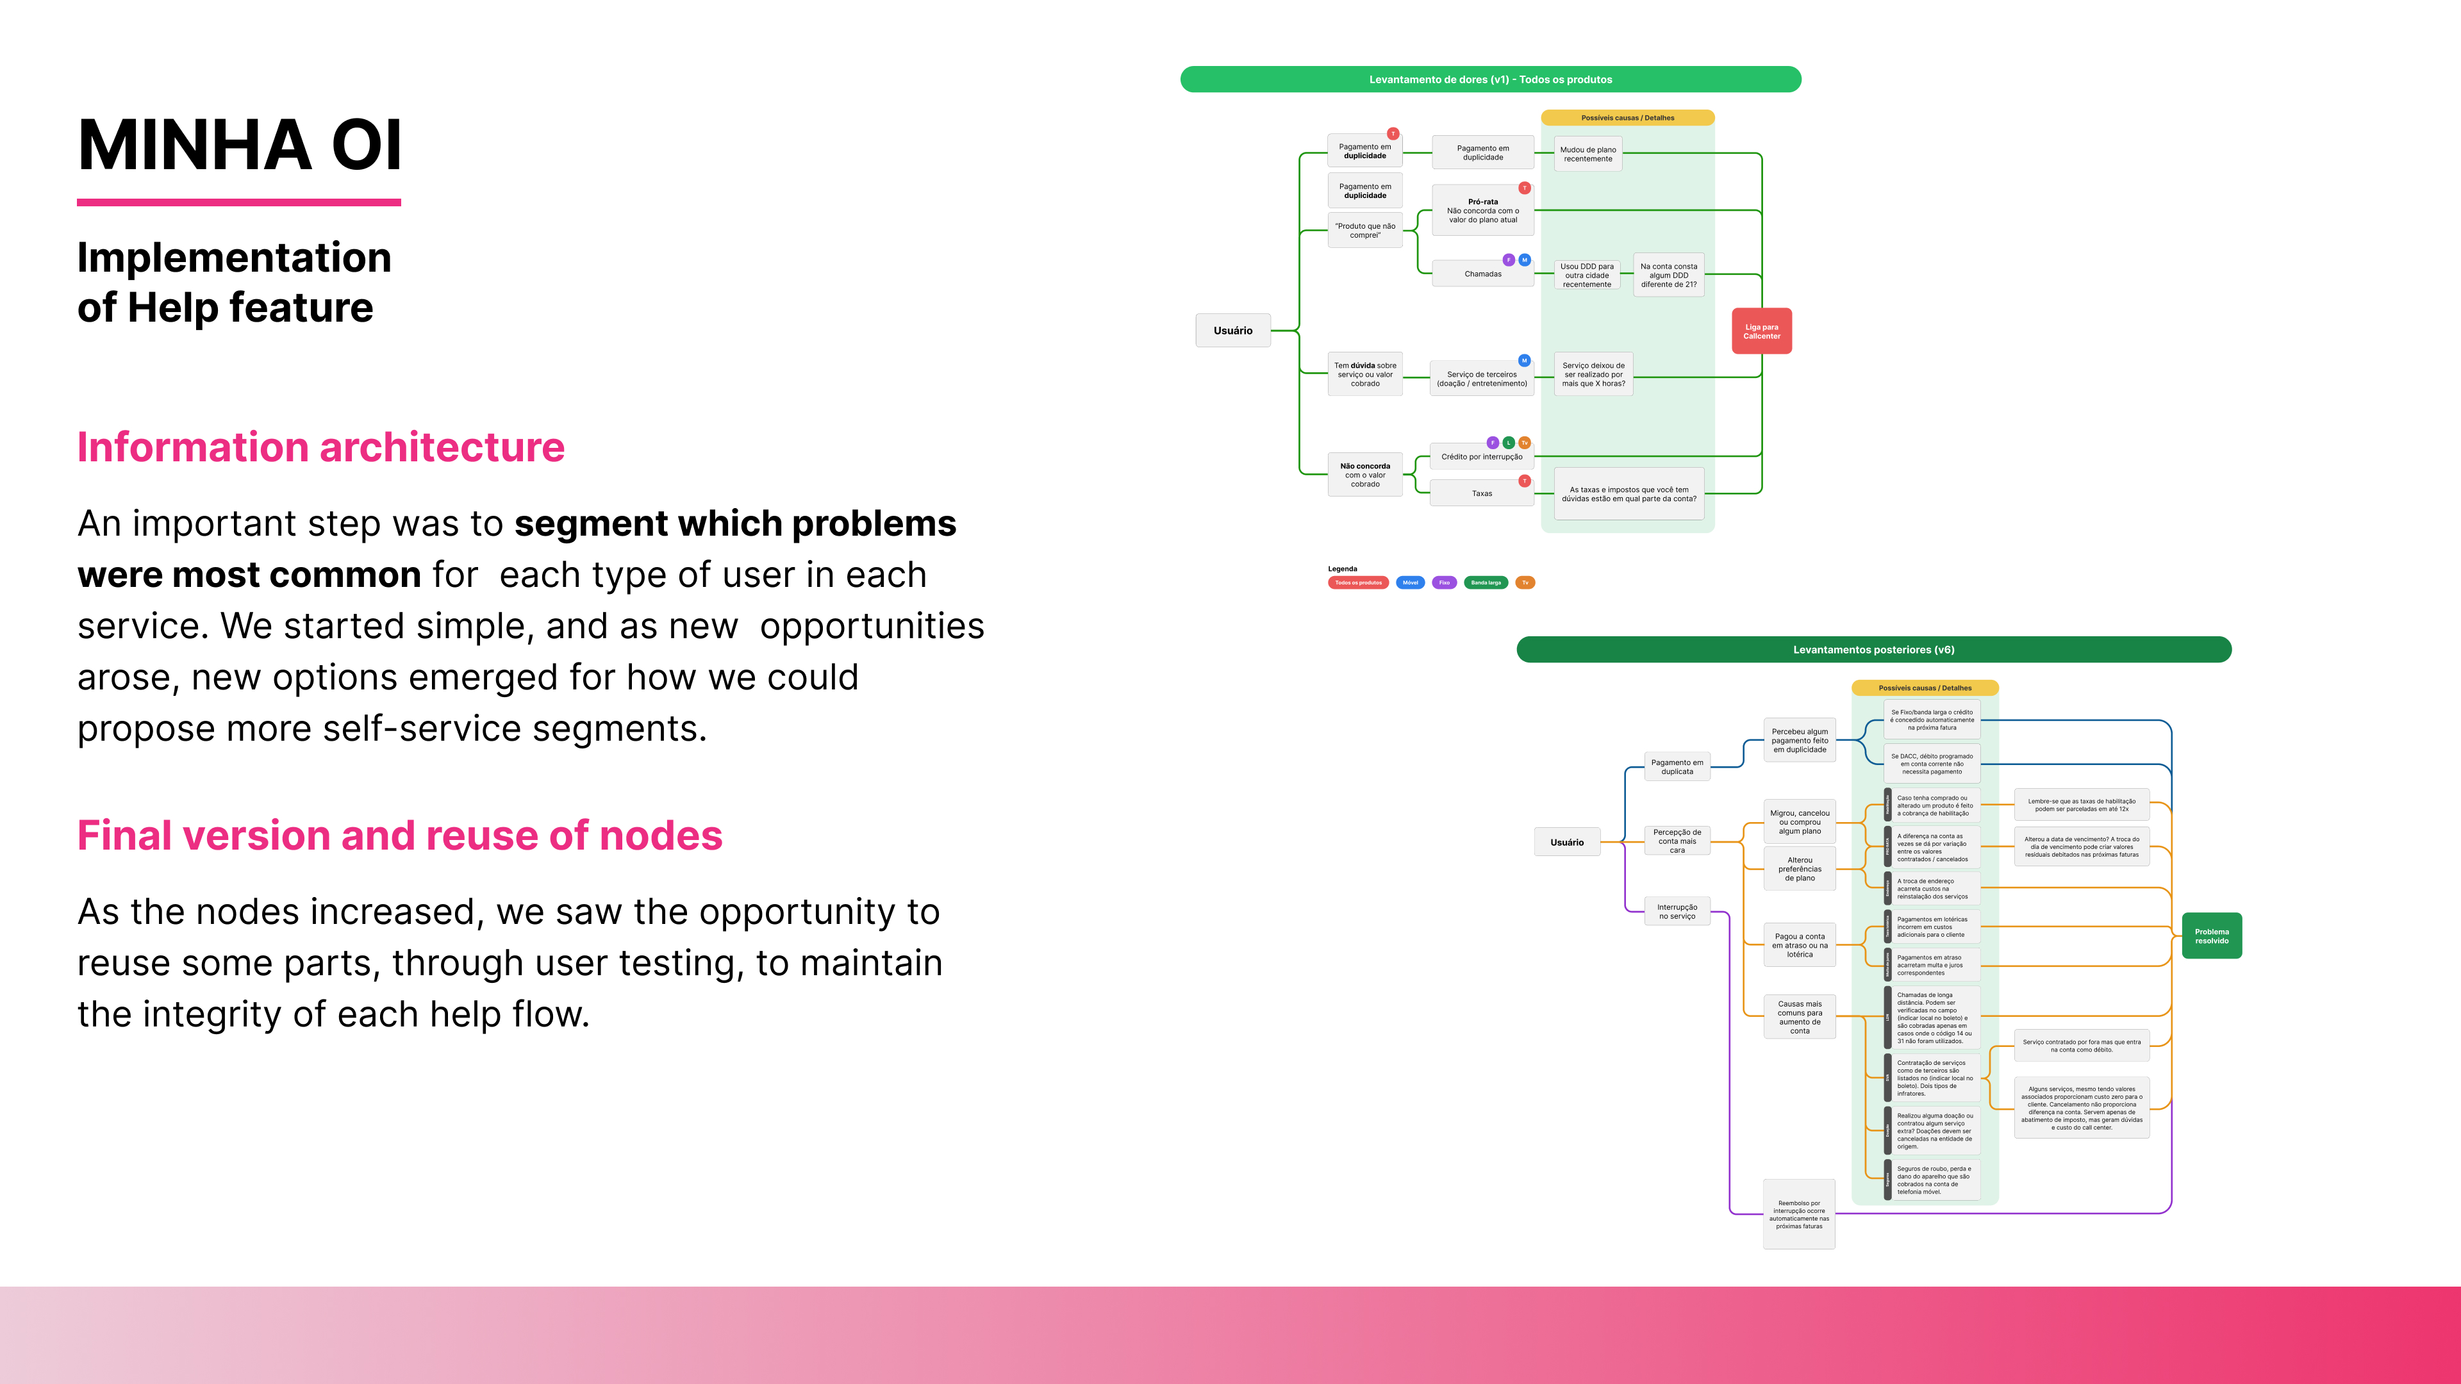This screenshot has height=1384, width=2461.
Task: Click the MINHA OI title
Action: point(240,145)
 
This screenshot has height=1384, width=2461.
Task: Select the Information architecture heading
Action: point(321,447)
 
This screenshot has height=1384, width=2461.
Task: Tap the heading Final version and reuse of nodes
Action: point(399,836)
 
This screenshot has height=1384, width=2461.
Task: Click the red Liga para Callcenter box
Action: point(1761,331)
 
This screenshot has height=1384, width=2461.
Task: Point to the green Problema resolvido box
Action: point(2210,936)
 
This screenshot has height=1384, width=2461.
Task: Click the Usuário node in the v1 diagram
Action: point(1232,331)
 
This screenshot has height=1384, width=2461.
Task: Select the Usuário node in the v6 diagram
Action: point(1567,843)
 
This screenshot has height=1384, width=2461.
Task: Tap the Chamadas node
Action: point(1483,274)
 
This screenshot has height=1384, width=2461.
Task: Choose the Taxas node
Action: point(1482,494)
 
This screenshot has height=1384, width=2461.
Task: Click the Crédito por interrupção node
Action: point(1482,457)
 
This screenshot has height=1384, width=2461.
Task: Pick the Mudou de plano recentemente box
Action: point(1588,154)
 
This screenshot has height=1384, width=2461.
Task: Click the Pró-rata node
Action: point(1483,211)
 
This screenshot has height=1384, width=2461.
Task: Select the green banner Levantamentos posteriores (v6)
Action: point(1873,650)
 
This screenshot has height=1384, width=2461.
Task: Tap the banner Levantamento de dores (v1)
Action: point(1490,79)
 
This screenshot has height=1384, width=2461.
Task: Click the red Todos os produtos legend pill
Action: point(1357,582)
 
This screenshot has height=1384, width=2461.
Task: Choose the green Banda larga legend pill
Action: point(1486,582)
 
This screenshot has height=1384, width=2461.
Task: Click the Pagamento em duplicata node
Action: point(1677,767)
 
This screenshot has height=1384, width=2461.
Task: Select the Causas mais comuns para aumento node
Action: point(1799,1017)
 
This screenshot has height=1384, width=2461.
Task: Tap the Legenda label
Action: point(1342,568)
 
